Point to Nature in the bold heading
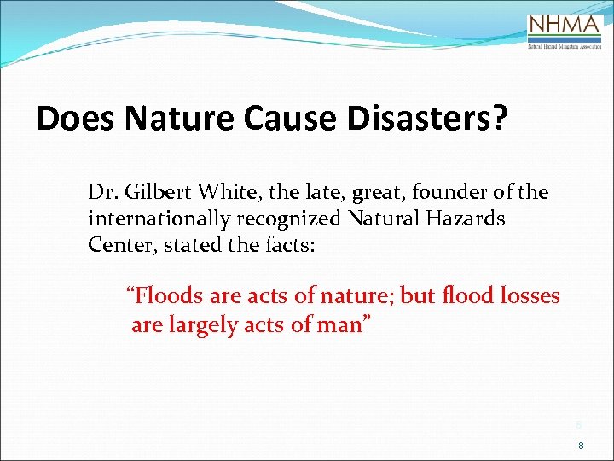(177, 119)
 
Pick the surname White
(226, 193)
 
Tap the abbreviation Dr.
(101, 193)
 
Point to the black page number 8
(581, 446)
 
